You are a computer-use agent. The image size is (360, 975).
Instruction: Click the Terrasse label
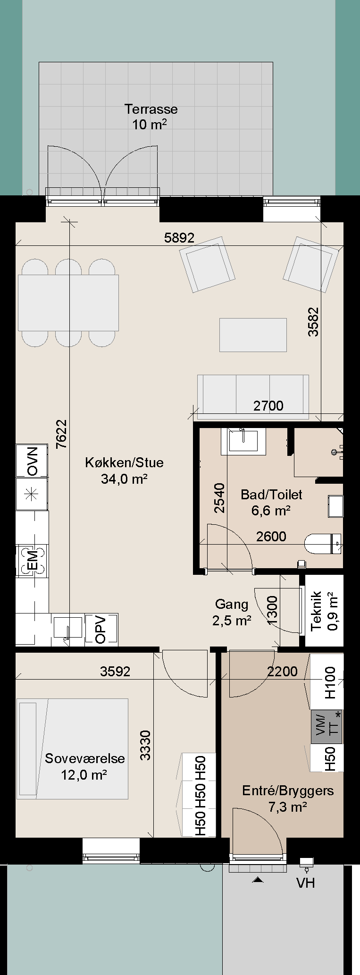point(151,109)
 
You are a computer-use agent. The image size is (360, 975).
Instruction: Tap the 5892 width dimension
point(179,237)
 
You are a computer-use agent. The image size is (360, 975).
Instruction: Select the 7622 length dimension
point(61,434)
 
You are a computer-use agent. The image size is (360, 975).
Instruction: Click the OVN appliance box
point(32,461)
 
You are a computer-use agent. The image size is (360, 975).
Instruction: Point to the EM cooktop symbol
point(32,560)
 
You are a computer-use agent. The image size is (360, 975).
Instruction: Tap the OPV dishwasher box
point(101,629)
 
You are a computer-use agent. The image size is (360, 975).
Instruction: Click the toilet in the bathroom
point(324,544)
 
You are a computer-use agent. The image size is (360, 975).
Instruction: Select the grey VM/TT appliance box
point(327,726)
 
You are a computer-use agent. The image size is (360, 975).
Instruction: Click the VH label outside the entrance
point(305,883)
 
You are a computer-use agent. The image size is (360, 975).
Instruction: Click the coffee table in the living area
point(253,335)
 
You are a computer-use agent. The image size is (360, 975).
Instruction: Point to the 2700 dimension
point(268,405)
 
